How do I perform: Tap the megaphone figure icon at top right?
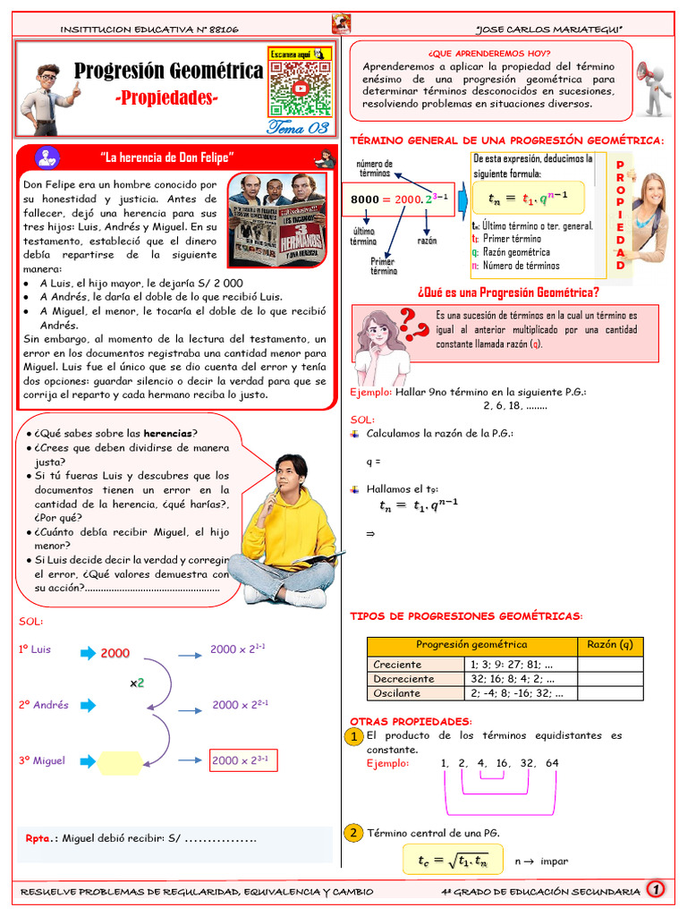point(653,87)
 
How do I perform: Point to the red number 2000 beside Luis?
point(114,654)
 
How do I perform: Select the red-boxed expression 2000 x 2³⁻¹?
point(244,760)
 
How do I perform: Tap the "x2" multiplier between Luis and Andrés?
point(137,683)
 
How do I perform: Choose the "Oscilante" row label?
point(397,693)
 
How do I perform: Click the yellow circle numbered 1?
point(354,736)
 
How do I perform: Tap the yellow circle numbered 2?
point(354,833)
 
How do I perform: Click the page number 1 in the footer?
point(657,890)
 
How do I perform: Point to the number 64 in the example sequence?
point(551,763)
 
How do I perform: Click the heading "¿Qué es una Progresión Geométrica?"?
point(508,292)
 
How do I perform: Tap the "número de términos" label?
point(375,168)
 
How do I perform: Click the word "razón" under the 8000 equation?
point(428,241)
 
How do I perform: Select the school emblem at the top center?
point(341,24)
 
